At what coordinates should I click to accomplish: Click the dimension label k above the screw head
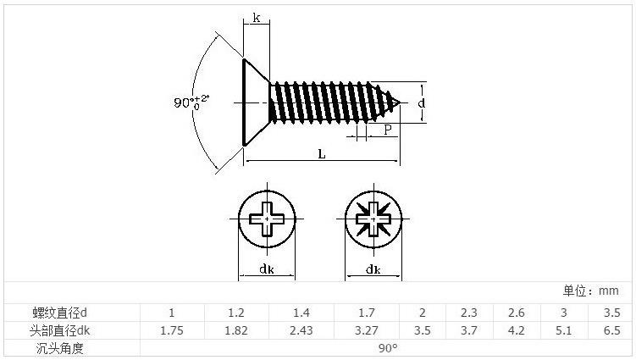click(256, 17)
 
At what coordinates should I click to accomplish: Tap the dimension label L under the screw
click(322, 153)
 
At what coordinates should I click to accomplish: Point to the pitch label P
click(387, 130)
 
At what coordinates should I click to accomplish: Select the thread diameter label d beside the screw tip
click(421, 102)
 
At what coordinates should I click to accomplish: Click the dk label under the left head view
click(266, 269)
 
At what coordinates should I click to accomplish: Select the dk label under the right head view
click(373, 269)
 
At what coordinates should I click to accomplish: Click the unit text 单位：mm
click(590, 291)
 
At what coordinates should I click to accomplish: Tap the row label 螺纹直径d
click(60, 313)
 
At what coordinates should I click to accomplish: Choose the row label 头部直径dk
click(60, 330)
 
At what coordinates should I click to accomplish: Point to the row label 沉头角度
click(60, 348)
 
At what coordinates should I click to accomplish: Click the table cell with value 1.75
click(171, 330)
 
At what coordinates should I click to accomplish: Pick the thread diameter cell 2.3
click(468, 313)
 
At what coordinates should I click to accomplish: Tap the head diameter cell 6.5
click(611, 330)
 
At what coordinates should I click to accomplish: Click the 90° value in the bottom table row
click(386, 348)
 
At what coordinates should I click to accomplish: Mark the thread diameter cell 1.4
click(301, 313)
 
